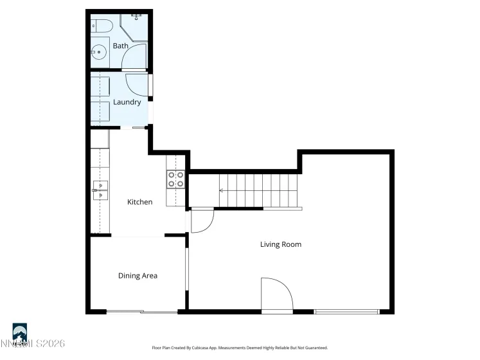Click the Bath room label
120,46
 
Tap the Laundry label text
127,102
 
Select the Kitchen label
139,202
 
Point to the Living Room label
280,244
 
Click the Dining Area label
138,276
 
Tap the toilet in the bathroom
102,26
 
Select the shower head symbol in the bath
137,15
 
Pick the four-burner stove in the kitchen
175,179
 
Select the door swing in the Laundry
137,84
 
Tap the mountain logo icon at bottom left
20,332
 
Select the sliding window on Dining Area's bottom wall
141,312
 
